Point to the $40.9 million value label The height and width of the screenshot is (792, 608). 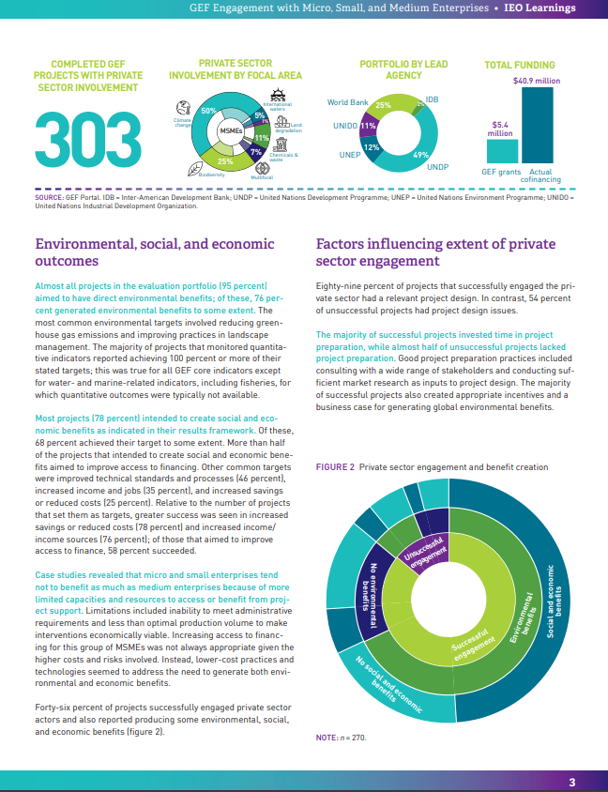[537, 82]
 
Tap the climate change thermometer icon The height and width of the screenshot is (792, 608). [182, 108]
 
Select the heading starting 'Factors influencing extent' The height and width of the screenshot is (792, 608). [436, 252]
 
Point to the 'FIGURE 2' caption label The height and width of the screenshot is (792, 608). [334, 466]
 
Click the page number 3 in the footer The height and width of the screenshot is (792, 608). [572, 782]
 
